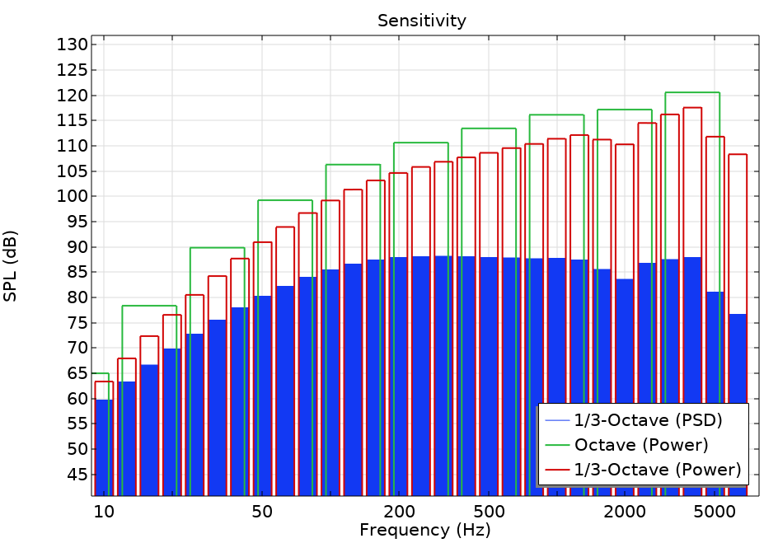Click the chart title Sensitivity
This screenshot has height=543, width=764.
421,21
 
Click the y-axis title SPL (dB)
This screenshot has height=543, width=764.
11,265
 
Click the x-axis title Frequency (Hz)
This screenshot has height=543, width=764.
424,530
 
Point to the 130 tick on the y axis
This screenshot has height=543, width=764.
72,44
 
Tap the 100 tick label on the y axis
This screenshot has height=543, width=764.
72,197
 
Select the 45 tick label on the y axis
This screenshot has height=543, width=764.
76,475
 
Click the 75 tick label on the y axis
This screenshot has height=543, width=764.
76,323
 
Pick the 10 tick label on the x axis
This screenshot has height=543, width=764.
104,511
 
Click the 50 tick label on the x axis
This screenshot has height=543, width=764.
262,511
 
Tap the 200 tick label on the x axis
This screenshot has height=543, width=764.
399,511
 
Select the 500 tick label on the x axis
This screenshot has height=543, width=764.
489,511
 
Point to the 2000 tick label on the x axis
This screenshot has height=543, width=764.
625,511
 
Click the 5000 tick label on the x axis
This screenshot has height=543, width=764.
715,511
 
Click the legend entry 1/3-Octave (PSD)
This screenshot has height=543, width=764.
648,420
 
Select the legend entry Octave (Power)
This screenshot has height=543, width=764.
641,446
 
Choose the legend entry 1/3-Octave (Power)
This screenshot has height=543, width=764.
658,470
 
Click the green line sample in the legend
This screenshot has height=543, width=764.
555,446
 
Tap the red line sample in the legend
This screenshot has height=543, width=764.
555,470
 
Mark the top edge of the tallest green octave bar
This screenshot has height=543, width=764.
692,92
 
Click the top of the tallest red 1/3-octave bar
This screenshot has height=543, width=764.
692,108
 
